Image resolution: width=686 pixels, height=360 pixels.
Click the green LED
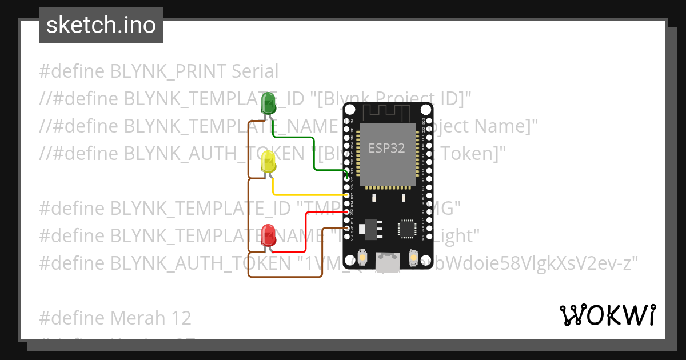click(x=268, y=103)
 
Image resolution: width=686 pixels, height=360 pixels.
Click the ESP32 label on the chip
click(x=386, y=149)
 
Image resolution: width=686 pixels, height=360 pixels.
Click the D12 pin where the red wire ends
click(x=348, y=212)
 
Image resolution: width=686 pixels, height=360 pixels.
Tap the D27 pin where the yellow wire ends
click(x=348, y=195)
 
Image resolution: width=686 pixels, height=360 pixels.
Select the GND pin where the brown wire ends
click(x=348, y=228)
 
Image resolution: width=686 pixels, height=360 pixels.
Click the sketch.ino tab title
click(x=101, y=25)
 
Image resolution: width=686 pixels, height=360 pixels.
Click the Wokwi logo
click(x=607, y=315)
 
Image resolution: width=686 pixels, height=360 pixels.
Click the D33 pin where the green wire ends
click(x=348, y=179)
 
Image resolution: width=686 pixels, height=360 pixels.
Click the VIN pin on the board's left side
click(x=348, y=236)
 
